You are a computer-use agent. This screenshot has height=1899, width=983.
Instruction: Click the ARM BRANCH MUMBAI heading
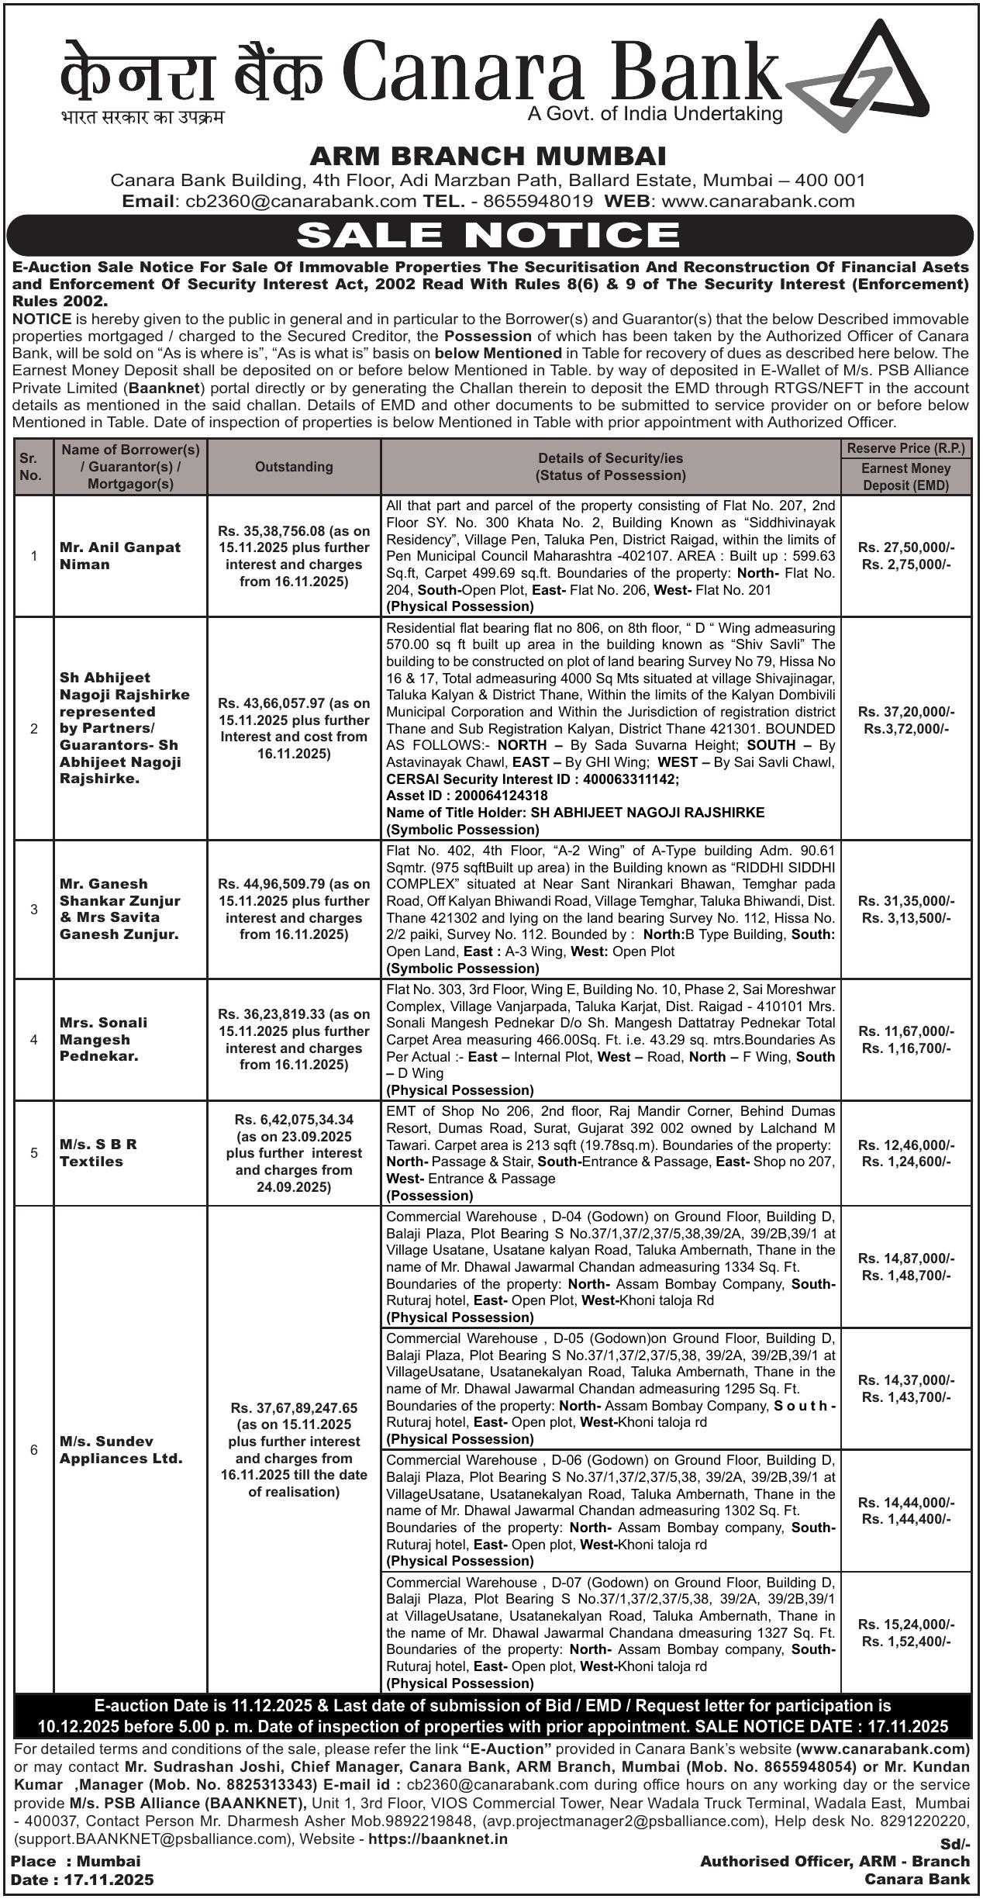(x=488, y=156)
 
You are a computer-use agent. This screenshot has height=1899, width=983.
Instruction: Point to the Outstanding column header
(x=294, y=467)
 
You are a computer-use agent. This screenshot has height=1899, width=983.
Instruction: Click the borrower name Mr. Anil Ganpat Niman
(x=119, y=555)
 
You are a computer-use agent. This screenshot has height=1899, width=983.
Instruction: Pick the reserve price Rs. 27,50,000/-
(x=906, y=547)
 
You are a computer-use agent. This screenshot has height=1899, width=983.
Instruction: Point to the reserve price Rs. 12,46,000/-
(x=906, y=1145)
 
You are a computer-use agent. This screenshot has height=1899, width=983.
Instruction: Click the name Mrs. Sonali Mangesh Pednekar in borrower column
(x=103, y=1039)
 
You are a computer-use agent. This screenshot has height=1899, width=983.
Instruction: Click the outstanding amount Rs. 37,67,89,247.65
(x=294, y=1407)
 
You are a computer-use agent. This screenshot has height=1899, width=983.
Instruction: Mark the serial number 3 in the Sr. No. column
(x=34, y=909)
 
